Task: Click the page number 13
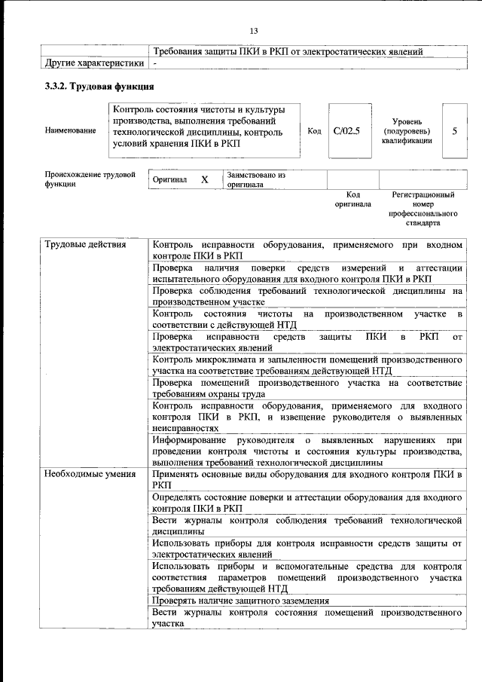coord(254,30)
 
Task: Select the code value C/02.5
coord(347,131)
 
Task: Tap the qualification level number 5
coord(454,131)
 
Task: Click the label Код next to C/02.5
coord(315,131)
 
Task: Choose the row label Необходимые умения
coord(90,475)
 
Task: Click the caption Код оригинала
coord(352,200)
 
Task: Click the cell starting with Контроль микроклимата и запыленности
coord(307,365)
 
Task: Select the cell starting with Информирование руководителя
coord(307,451)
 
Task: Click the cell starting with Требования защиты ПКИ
coord(287,51)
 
